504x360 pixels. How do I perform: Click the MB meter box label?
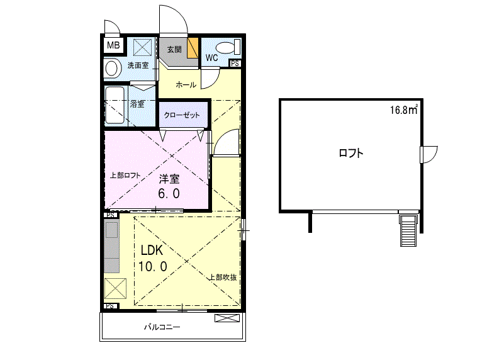(x=113, y=45)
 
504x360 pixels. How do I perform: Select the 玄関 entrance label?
(x=174, y=50)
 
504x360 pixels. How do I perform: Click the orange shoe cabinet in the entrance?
(x=193, y=48)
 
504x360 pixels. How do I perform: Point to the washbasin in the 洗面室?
(x=111, y=69)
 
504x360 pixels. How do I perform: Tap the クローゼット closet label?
(x=182, y=115)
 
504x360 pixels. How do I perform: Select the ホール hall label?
(x=186, y=85)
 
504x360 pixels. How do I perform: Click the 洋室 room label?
(x=169, y=179)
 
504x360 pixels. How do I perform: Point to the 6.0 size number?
(x=169, y=193)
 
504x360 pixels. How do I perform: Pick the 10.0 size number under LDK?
(x=153, y=266)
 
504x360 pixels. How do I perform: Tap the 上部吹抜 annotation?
(x=223, y=278)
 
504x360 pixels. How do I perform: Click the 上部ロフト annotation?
(x=125, y=176)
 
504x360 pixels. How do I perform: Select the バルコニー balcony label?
(x=162, y=327)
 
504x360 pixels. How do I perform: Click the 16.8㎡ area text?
(x=404, y=110)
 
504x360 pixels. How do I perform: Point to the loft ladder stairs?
(x=408, y=230)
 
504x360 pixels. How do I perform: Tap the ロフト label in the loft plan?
(x=351, y=153)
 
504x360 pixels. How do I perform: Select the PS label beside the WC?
(x=235, y=64)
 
